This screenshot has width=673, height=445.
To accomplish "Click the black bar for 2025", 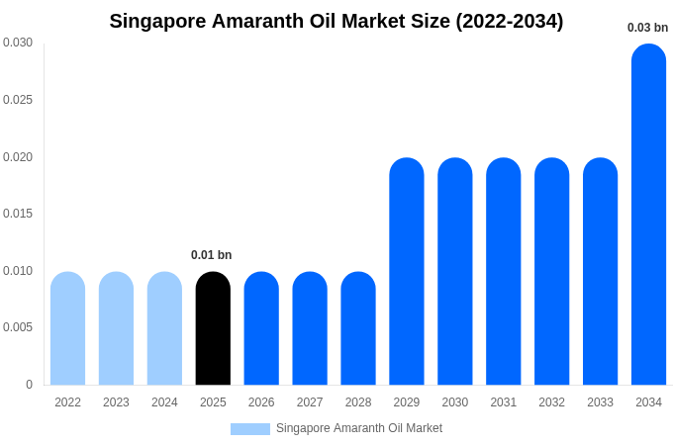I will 213,328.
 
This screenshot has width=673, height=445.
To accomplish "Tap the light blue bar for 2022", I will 67,328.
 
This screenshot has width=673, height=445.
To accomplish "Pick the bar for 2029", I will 406,271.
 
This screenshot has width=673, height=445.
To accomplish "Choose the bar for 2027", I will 310,328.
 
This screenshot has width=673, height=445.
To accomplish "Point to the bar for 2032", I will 551,271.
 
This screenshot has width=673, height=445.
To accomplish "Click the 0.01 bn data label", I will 211,255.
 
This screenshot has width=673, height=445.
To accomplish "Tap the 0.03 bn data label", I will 647,28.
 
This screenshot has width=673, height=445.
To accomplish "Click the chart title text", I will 336,21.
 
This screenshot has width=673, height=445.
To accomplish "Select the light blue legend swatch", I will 249,429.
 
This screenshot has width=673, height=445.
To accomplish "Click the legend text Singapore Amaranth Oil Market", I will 359,428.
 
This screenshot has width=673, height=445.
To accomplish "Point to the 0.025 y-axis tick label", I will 18,100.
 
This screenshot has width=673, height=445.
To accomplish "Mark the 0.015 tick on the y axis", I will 18,214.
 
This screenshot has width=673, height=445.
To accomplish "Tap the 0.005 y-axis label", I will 18,327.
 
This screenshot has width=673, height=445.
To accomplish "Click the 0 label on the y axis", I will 29,385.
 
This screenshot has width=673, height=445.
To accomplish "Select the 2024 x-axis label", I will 164,402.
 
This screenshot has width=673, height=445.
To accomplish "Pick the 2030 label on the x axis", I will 455,402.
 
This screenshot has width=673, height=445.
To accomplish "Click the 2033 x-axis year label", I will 600,402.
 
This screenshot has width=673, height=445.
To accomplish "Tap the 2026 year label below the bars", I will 261,402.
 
